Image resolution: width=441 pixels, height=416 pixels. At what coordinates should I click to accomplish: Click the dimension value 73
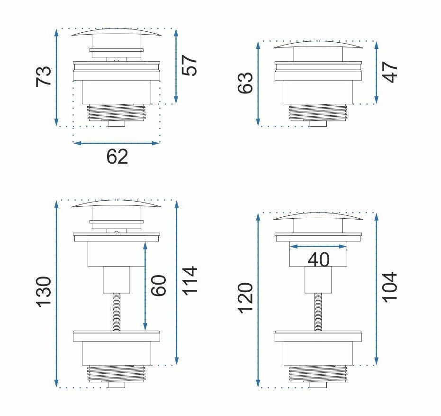point(44,76)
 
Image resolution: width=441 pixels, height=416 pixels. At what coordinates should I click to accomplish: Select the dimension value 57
point(189,65)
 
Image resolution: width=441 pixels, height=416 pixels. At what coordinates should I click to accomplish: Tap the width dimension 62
point(117,157)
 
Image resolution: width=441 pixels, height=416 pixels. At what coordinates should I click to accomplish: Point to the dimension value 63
point(245,83)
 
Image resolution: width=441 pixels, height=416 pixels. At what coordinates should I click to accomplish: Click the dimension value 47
point(391,72)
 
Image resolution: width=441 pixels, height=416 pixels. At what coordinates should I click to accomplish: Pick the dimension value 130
point(44,292)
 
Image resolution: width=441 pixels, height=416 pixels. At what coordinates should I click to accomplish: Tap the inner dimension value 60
point(159,285)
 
